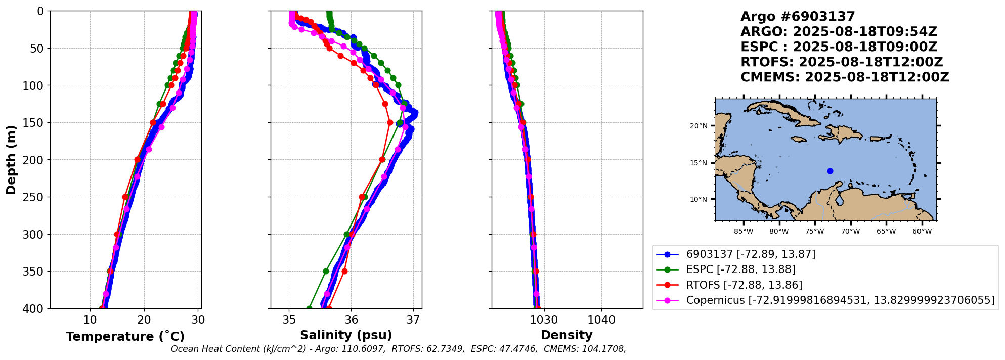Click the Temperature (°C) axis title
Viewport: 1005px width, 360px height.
coord(125,337)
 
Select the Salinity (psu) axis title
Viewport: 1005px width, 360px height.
coord(346,335)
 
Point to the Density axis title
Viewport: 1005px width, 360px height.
coord(566,335)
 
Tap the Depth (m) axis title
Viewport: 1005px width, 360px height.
coord(11,160)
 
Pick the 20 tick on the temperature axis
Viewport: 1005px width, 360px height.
coord(144,320)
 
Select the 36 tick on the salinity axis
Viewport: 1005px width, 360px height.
coord(351,320)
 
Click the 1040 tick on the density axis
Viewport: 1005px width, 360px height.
coord(601,320)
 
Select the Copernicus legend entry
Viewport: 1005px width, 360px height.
coord(840,300)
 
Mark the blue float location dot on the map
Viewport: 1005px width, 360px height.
coord(830,171)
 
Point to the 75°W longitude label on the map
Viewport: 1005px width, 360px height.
coord(815,232)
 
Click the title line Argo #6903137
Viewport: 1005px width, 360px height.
coord(798,17)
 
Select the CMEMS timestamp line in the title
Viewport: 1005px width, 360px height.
coord(845,77)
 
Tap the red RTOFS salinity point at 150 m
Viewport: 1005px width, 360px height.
coord(390,122)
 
